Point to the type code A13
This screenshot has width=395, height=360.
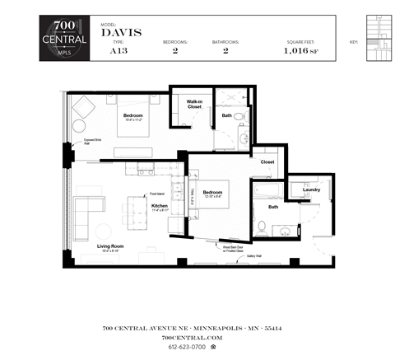tap(117, 50)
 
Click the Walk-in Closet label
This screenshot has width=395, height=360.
tap(195, 104)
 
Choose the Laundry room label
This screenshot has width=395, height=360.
tap(311, 189)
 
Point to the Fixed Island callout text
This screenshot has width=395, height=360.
tap(156, 194)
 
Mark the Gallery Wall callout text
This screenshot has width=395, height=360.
tap(256, 255)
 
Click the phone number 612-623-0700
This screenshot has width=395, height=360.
tap(192, 346)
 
